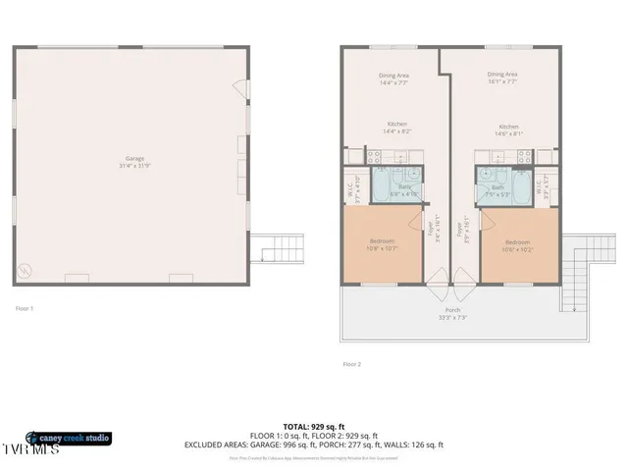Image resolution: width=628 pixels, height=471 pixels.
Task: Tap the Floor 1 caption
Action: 25,309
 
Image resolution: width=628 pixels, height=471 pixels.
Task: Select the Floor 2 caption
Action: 351,364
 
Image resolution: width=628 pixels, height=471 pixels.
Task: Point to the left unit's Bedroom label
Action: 383,241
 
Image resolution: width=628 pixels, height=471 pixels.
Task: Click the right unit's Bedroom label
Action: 518,242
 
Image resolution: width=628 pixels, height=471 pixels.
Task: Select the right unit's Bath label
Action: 497,186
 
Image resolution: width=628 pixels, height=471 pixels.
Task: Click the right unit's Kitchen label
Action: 508,127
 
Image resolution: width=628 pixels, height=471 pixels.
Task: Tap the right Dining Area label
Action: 502,75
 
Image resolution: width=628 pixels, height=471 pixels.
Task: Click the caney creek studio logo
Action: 69,438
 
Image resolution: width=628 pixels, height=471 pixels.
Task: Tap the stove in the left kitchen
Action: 374,155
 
